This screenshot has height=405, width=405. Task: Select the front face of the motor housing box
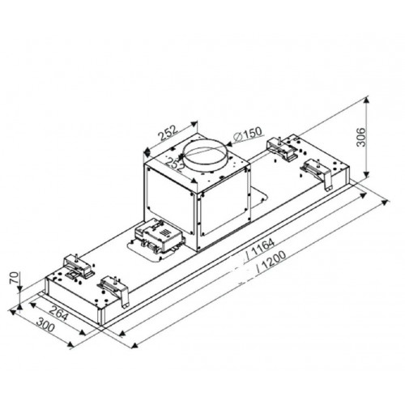[x=168, y=203]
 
